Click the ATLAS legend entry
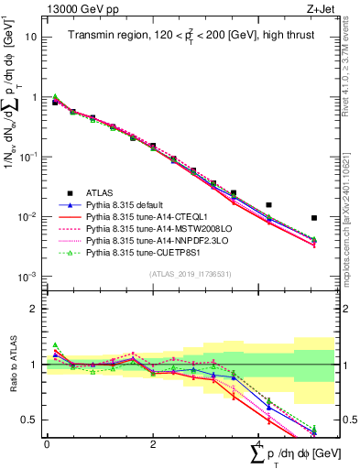click(x=101, y=192)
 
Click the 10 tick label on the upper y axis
click(x=32, y=37)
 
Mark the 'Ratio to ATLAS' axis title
click(x=10, y=364)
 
